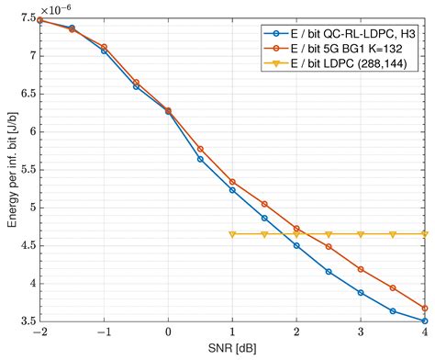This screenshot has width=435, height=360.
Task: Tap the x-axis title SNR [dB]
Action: coord(232,349)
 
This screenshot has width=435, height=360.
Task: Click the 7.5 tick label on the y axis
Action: coord(26,19)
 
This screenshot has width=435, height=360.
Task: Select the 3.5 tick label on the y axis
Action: coord(26,321)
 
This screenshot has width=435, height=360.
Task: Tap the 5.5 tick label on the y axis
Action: coord(26,170)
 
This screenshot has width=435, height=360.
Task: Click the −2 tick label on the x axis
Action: coord(39,333)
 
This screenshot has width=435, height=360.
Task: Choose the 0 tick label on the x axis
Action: coord(168,333)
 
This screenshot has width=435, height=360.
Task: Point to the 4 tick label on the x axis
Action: coord(425,333)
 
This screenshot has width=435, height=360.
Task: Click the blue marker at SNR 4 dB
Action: coord(425,321)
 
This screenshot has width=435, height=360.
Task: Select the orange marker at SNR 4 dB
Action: coord(425,309)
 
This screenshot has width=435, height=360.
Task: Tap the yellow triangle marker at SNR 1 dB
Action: coord(232,234)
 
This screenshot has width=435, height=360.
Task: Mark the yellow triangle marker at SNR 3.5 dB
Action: coord(393,234)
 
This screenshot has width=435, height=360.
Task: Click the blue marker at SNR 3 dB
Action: coord(361,293)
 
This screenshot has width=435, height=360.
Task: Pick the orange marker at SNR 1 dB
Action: coord(232,182)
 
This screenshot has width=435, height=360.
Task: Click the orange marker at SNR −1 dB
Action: coord(104,47)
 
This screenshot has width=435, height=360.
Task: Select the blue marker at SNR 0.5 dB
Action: coord(200,159)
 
